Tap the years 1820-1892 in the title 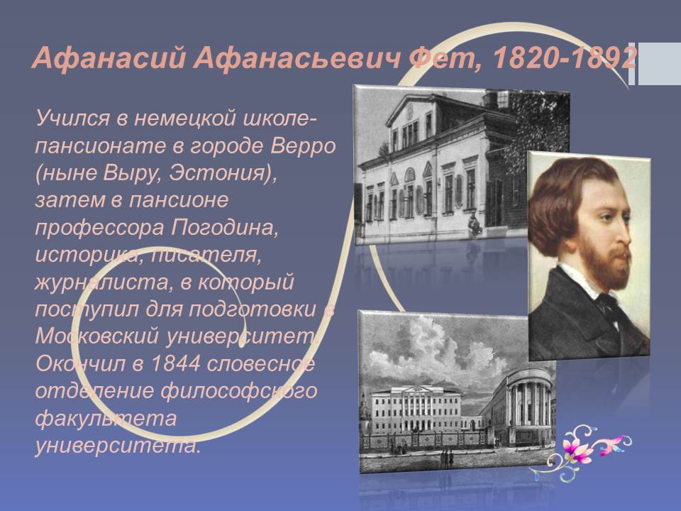[564, 57]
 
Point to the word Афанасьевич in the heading [297, 57]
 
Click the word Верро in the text [303, 147]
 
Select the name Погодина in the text [224, 228]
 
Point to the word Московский [97, 336]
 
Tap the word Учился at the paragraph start [72, 119]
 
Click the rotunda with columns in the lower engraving [528, 402]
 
